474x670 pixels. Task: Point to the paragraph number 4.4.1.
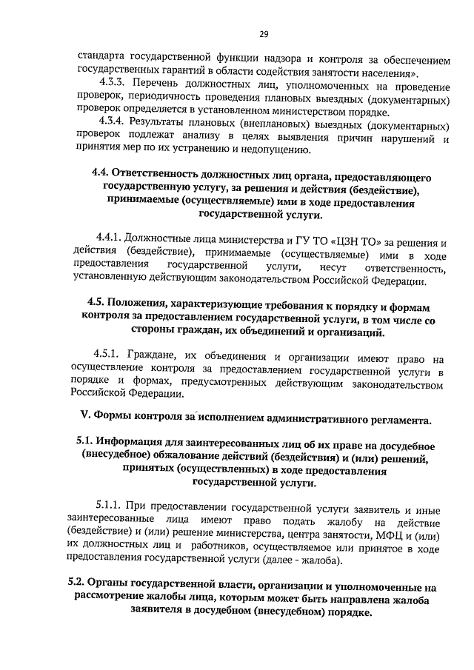(108, 238)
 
